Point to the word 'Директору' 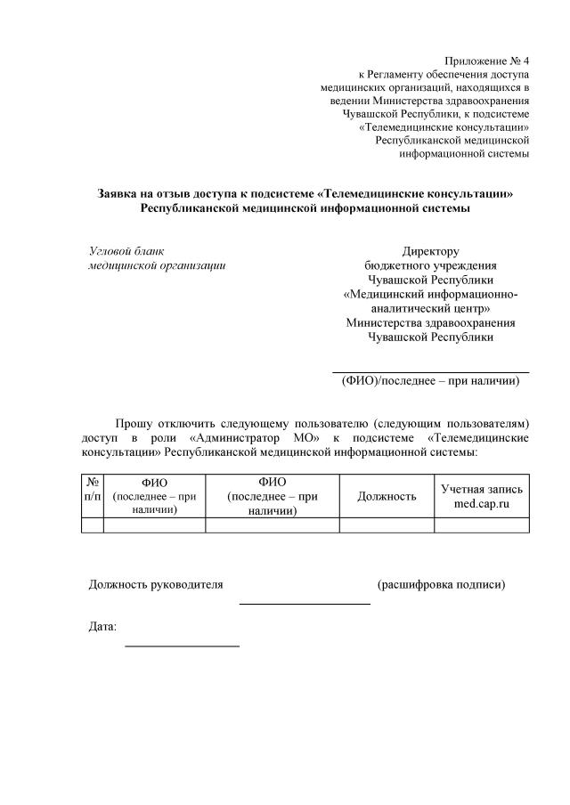pyautogui.click(x=430, y=251)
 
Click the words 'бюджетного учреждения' pyautogui.click(x=430, y=265)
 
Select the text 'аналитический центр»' pyautogui.click(x=430, y=308)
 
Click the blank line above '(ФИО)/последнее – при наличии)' pyautogui.click(x=430, y=371)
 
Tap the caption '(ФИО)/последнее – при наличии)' pyautogui.click(x=430, y=381)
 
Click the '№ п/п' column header pyautogui.click(x=92, y=495)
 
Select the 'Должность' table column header pyautogui.click(x=387, y=496)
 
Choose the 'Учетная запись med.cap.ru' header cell pyautogui.click(x=482, y=496)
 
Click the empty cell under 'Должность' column pyautogui.click(x=387, y=524)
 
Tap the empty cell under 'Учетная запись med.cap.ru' pyautogui.click(x=482, y=524)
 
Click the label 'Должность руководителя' pyautogui.click(x=156, y=585)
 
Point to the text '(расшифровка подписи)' pyautogui.click(x=442, y=585)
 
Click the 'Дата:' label pyautogui.click(x=102, y=627)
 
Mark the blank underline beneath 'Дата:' pyautogui.click(x=182, y=645)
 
